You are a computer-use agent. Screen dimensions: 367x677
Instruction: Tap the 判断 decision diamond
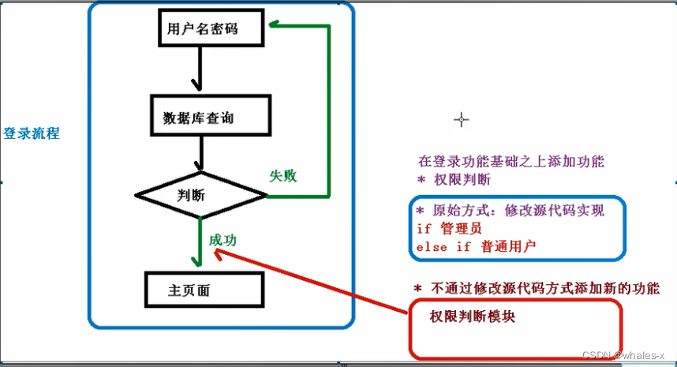click(201, 194)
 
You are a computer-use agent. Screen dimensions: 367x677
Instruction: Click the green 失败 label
click(283, 175)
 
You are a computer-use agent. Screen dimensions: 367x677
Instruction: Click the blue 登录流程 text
click(32, 133)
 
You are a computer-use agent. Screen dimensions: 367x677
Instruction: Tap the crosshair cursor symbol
click(462, 119)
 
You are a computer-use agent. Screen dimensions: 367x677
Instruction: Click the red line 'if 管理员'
click(449, 228)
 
